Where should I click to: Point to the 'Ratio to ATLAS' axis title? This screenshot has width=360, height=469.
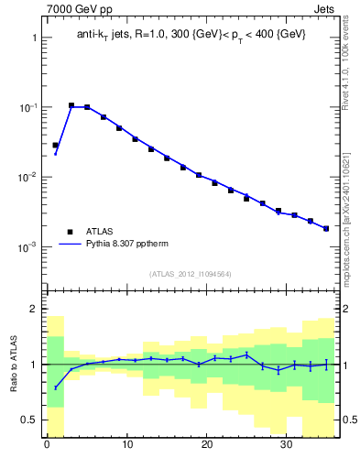[x=13, y=365]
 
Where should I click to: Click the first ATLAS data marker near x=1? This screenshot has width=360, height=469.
[x=55, y=145]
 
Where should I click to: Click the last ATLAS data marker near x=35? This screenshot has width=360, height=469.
[x=326, y=228]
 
